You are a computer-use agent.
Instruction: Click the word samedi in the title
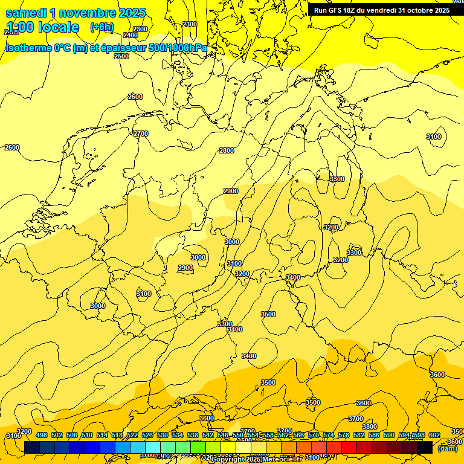(26, 13)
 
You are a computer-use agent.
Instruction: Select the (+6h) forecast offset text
(101, 27)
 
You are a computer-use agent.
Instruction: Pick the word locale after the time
(58, 27)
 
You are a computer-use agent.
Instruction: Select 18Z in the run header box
(354, 10)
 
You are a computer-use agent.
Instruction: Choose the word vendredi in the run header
(382, 10)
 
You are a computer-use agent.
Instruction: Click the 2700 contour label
(141, 134)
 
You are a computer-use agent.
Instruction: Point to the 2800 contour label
(227, 150)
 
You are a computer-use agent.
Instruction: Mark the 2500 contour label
(121, 56)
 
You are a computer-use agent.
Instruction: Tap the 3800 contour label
(370, 427)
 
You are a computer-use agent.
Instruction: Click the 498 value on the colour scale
(42, 435)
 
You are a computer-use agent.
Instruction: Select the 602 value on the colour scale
(434, 435)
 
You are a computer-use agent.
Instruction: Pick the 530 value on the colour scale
(163, 435)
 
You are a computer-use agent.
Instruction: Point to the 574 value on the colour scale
(329, 435)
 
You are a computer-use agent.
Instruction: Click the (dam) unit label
(448, 448)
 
